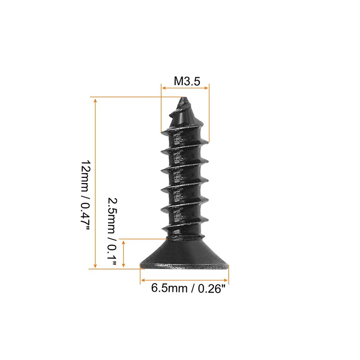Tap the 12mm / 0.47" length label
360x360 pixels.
85,196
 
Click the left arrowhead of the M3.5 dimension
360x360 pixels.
163,89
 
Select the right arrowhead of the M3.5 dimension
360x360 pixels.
207,89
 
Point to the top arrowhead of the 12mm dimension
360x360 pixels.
95,99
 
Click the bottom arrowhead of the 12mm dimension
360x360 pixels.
95,266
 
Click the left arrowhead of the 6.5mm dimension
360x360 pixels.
142,279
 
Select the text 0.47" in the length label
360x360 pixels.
85,216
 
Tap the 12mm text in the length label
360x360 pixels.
85,174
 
